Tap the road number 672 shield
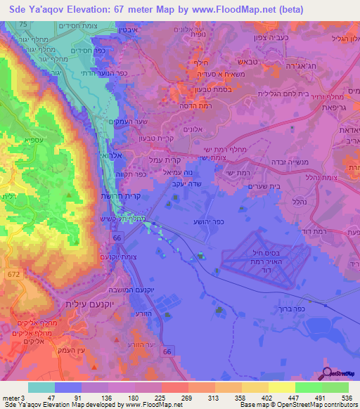tap(14, 272)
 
